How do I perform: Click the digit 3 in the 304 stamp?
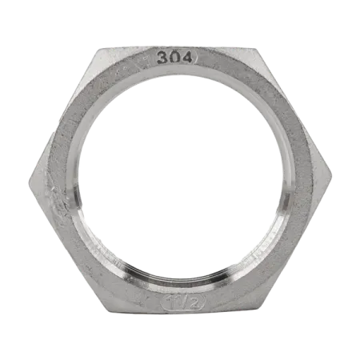[162, 58]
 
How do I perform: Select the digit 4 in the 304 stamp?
[186, 57]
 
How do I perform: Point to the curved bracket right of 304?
[196, 57]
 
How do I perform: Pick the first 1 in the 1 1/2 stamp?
[170, 302]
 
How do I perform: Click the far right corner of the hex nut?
[331, 175]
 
